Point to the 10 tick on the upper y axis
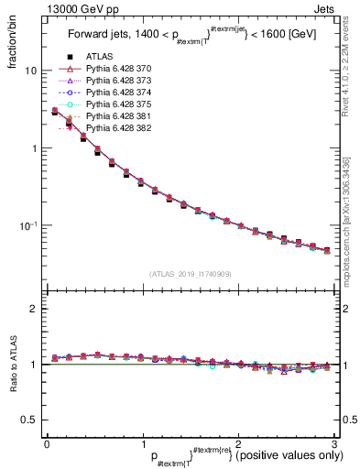point(30,71)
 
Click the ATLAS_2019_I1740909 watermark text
point(190,275)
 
